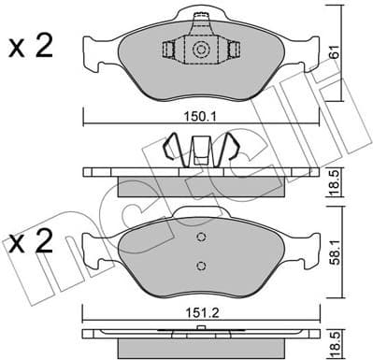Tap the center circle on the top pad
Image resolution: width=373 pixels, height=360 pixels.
click(200, 51)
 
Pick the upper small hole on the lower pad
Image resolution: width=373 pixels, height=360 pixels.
click(200, 238)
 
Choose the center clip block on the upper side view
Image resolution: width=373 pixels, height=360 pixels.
click(200, 150)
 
